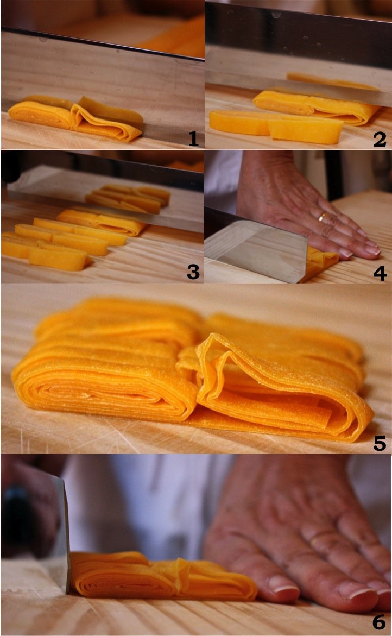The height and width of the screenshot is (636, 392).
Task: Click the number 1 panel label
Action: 194,138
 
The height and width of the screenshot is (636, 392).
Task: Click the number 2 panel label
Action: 380,140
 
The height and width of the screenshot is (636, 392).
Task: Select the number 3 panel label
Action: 193,272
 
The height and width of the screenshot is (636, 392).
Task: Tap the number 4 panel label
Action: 380,274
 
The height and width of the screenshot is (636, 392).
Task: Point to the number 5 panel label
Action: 380,444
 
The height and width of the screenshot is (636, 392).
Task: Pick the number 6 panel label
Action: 379,622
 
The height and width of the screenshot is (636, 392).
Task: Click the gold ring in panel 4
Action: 323,218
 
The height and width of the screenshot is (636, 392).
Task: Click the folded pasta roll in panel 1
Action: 75,118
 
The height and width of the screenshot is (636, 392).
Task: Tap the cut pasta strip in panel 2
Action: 276,127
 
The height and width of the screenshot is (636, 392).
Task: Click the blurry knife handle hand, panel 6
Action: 28,507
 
